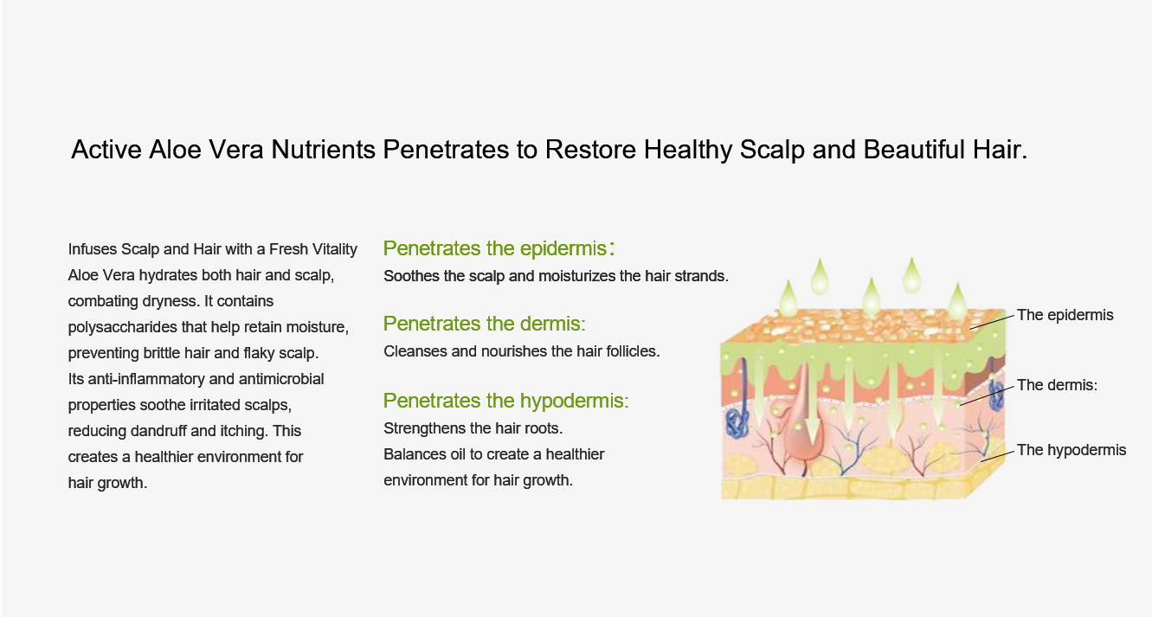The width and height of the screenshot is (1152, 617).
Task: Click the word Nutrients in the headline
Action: [x=323, y=150]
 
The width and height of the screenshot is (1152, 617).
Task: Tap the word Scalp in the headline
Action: [x=772, y=150]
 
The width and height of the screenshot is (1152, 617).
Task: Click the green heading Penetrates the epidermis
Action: [x=499, y=248]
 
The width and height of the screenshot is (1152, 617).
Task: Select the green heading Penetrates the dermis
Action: [x=485, y=324]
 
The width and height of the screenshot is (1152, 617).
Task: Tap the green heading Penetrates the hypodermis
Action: [x=506, y=401]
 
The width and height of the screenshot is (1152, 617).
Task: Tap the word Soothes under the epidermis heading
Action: [x=411, y=276]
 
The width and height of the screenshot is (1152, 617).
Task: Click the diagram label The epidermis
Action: [x=1065, y=315]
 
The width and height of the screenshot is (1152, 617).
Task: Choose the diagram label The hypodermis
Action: [x=1072, y=450]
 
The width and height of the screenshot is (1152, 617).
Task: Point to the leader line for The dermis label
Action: [x=987, y=395]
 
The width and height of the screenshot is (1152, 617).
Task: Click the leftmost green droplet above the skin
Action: [x=788, y=299]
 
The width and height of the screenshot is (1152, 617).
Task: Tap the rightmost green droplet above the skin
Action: [x=957, y=301]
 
